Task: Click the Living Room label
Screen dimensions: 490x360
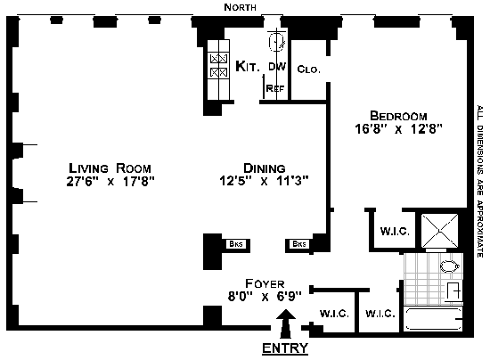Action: (110, 168)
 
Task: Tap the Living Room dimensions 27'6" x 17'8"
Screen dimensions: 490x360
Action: (110, 181)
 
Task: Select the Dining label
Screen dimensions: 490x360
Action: (265, 168)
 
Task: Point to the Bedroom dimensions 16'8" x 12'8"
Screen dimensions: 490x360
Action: (399, 128)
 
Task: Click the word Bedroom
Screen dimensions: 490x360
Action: (398, 116)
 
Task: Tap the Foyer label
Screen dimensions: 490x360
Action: (265, 283)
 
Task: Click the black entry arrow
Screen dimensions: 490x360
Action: (286, 323)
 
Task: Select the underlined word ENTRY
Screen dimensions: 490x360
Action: (285, 348)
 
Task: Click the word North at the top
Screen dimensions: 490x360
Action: (241, 7)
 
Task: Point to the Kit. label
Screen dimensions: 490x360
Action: (247, 66)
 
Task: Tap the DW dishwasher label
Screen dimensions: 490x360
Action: (277, 67)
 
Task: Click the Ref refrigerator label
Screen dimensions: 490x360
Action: (275, 88)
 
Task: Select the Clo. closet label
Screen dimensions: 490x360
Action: (309, 70)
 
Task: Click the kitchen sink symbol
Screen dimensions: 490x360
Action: (277, 42)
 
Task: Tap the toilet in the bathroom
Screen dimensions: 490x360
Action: (450, 266)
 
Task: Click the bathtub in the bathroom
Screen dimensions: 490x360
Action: (434, 319)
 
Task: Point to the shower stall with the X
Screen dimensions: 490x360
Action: (439, 231)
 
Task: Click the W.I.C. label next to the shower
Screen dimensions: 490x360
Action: (395, 232)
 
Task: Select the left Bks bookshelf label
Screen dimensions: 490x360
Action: (236, 244)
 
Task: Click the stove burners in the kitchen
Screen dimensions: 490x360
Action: (218, 66)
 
